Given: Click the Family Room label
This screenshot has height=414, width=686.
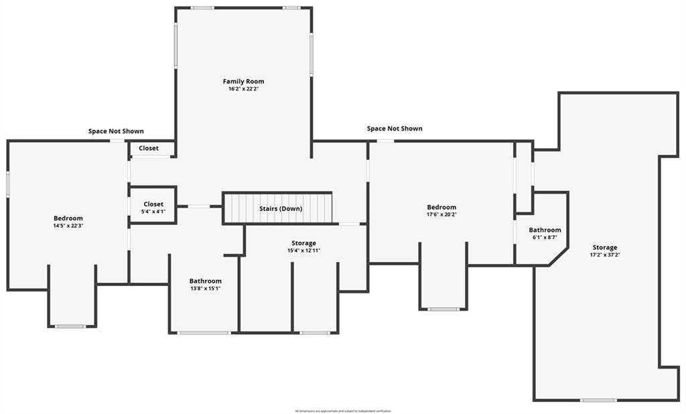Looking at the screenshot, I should click(243, 82).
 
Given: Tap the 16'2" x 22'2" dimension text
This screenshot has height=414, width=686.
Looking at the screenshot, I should click(243, 89).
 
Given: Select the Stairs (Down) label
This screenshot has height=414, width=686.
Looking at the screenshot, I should click(281, 209).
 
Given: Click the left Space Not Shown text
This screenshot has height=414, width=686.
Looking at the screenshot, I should click(116, 131).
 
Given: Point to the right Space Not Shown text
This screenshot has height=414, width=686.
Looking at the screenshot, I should click(395, 129).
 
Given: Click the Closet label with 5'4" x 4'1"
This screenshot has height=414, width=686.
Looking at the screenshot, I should click(153, 204).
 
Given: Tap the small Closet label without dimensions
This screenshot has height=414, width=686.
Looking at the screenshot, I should click(149, 148).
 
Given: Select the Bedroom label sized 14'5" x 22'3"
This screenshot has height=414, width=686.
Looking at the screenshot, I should click(68, 218).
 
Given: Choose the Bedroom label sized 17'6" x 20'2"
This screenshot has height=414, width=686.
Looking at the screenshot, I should click(441, 208).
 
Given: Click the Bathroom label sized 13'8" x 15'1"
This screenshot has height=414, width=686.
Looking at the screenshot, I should click(205, 281).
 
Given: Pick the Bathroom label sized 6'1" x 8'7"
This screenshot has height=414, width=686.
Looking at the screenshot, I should click(545, 230).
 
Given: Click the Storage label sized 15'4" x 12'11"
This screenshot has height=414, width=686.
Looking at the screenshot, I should click(303, 243).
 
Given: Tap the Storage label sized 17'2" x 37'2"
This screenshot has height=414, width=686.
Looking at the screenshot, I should click(604, 248).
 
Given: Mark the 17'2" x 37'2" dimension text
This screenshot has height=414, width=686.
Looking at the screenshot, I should click(604, 255).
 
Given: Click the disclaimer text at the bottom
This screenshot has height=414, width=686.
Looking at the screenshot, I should click(343, 411).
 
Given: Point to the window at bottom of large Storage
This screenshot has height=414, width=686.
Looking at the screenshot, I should click(598, 400).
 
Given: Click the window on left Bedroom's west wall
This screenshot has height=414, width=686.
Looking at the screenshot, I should click(7, 184).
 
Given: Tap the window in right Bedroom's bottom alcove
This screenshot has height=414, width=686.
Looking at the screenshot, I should click(443, 309).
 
